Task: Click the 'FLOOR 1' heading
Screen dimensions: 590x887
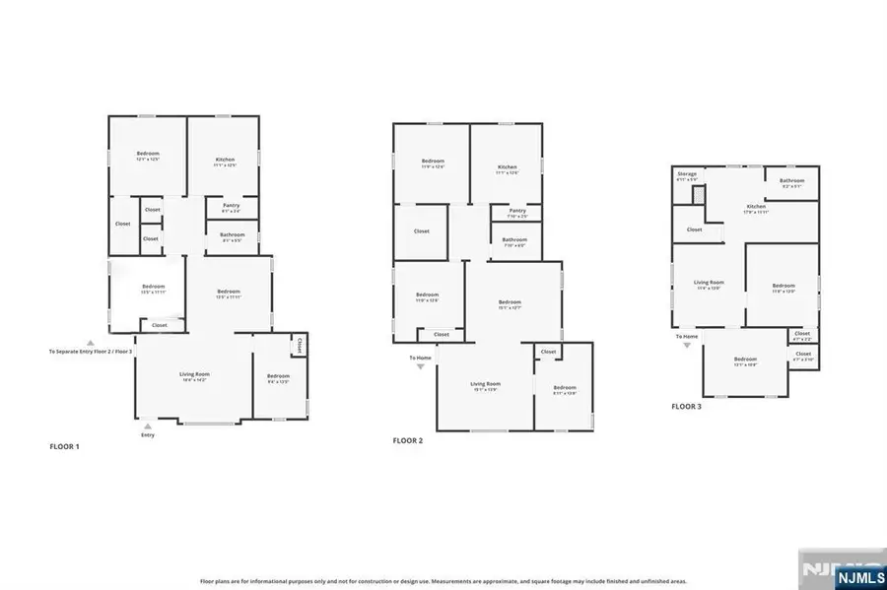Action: (x=65, y=446)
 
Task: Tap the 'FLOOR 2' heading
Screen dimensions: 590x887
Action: (x=407, y=440)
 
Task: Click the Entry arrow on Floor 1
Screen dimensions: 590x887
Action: (x=148, y=426)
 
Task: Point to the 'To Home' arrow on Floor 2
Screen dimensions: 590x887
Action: (x=421, y=364)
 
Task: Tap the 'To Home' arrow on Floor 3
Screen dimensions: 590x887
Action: (x=687, y=345)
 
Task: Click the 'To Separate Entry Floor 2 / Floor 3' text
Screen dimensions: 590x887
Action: (x=91, y=351)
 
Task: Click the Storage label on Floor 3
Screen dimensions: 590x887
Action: (x=687, y=174)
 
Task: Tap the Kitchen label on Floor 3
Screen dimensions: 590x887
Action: (x=756, y=206)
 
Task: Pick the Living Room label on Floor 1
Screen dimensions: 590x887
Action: (x=201, y=374)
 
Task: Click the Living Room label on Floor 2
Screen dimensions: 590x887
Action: (x=485, y=383)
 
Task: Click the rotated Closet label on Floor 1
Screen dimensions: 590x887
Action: (x=299, y=345)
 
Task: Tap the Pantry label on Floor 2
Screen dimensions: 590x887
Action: (x=517, y=210)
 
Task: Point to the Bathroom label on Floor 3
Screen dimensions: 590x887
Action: (x=792, y=180)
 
